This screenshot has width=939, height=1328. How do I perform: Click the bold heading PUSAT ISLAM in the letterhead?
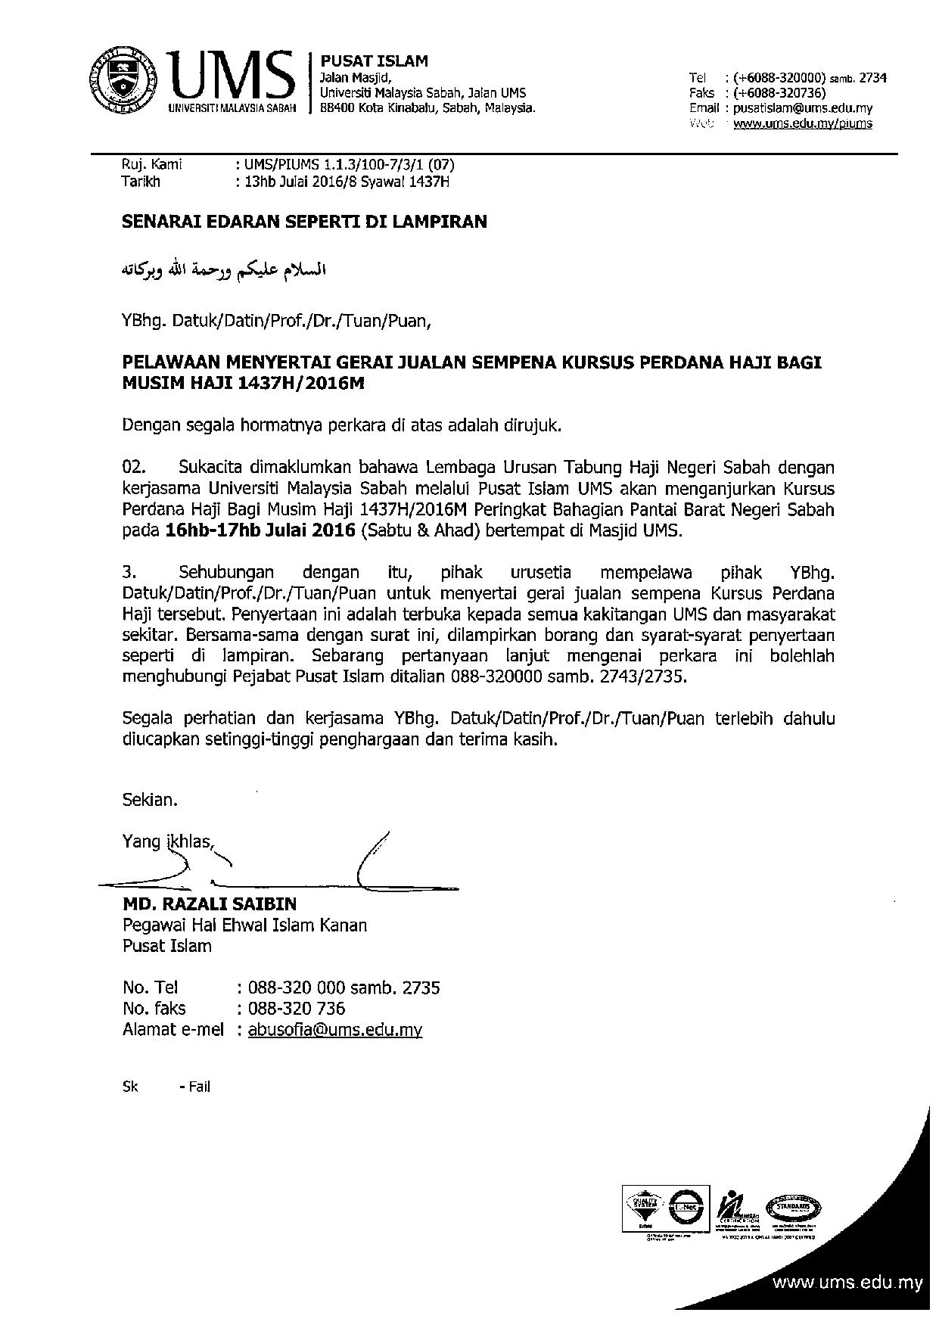tap(375, 61)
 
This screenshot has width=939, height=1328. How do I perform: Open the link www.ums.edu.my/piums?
tap(803, 123)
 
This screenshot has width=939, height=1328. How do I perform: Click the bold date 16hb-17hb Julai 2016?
tap(260, 530)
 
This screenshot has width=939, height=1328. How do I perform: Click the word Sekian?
tap(150, 799)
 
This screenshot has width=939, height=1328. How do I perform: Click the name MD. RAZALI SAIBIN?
tap(210, 904)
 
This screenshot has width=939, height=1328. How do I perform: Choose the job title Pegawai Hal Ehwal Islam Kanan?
tap(244, 925)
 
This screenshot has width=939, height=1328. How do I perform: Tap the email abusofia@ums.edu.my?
tap(334, 1030)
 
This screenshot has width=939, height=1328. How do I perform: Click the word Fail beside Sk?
tap(200, 1087)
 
